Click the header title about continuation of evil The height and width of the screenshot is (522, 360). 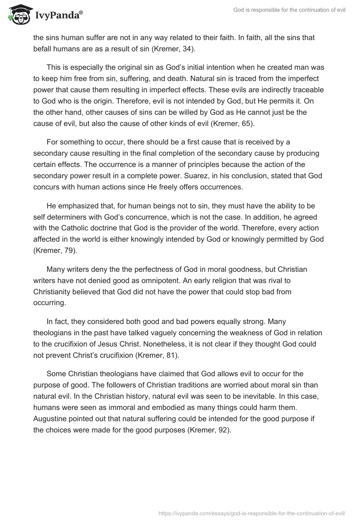pos(289,10)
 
